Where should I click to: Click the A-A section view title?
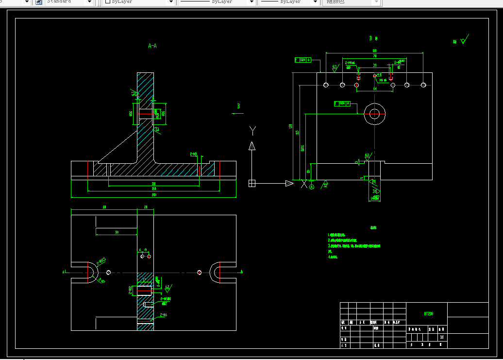(152, 46)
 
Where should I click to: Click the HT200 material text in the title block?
(428, 314)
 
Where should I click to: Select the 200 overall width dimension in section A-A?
(154, 195)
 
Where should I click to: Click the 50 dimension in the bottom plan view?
(117, 233)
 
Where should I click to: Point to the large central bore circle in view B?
(374, 114)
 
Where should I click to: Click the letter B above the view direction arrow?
(238, 106)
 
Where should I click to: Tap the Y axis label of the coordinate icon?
(252, 130)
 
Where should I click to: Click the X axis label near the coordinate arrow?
(304, 184)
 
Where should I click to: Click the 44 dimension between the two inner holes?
(375, 89)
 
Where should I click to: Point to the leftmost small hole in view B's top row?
(325, 85)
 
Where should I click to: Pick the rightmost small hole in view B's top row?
(423, 85)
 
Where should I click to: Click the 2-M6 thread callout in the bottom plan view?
(163, 315)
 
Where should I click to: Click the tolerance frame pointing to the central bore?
(342, 103)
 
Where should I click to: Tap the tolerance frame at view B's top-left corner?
(303, 60)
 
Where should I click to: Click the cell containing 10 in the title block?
(442, 337)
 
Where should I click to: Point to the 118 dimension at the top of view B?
(374, 51)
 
